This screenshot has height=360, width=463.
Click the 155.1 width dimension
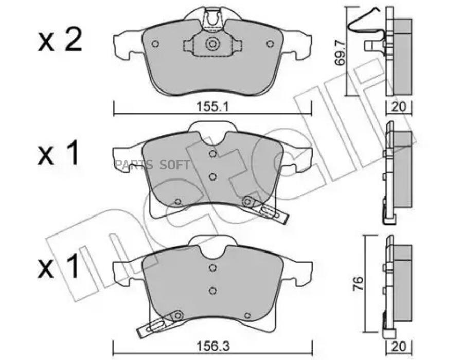212,107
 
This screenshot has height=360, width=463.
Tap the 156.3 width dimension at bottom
213,347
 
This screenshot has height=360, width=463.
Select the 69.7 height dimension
340,53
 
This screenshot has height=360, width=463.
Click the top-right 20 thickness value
399,107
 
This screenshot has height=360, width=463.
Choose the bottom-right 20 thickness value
399,347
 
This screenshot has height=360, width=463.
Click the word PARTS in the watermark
134,165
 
